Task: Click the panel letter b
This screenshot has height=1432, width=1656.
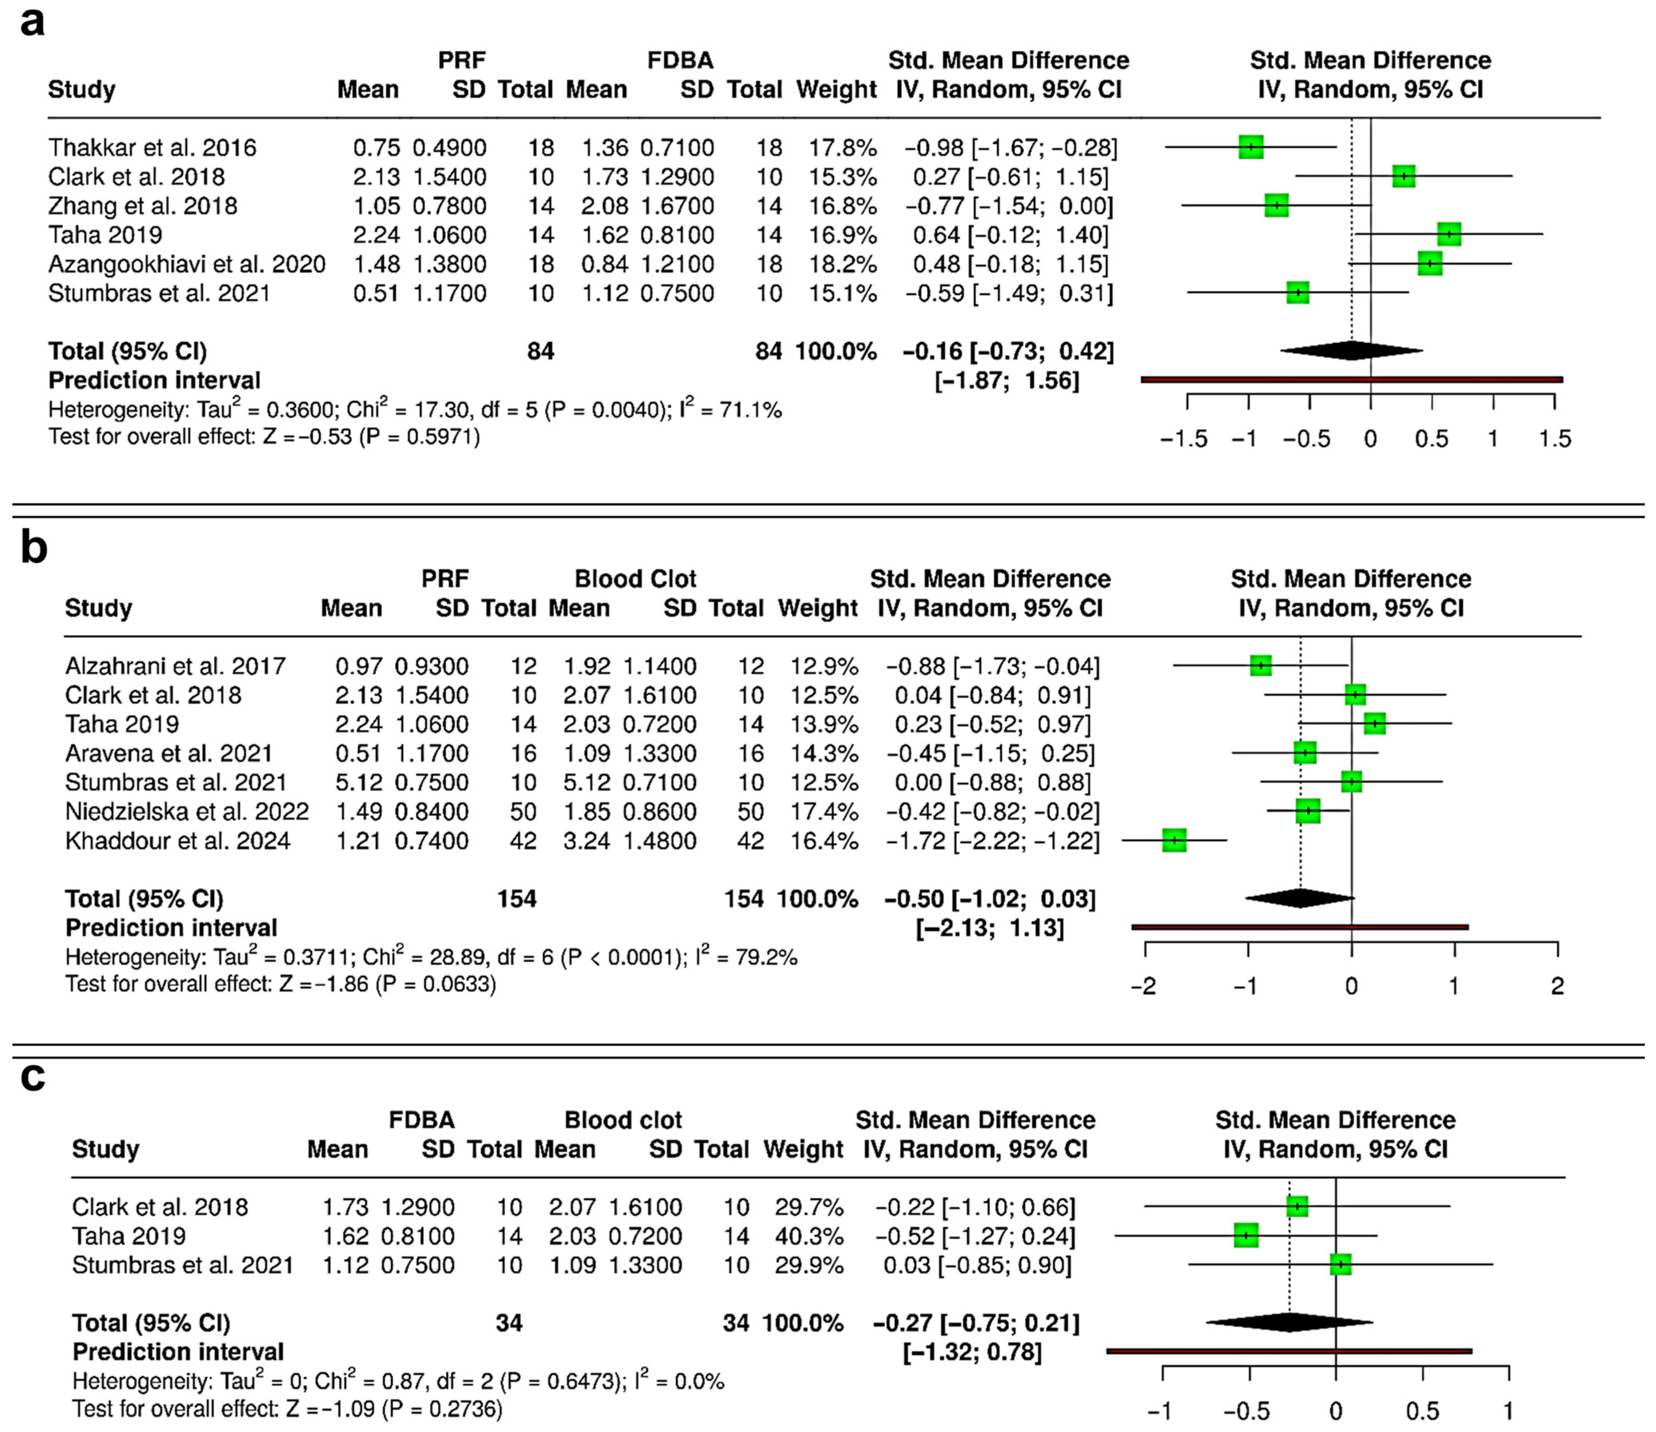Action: (x=34, y=549)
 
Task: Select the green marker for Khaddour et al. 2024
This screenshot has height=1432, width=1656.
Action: (x=1174, y=840)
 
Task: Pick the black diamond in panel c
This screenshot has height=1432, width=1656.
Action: (x=1289, y=1322)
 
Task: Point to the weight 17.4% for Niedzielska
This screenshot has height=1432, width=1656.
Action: (x=824, y=811)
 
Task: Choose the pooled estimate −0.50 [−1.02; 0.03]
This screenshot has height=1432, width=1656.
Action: (x=989, y=899)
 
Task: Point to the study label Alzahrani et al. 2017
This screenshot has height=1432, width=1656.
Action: (x=175, y=666)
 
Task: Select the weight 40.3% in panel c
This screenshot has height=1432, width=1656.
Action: (x=809, y=1236)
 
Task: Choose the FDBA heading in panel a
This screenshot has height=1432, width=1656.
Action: (x=680, y=61)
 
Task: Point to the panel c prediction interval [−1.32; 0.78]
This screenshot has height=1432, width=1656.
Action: (x=972, y=1352)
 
